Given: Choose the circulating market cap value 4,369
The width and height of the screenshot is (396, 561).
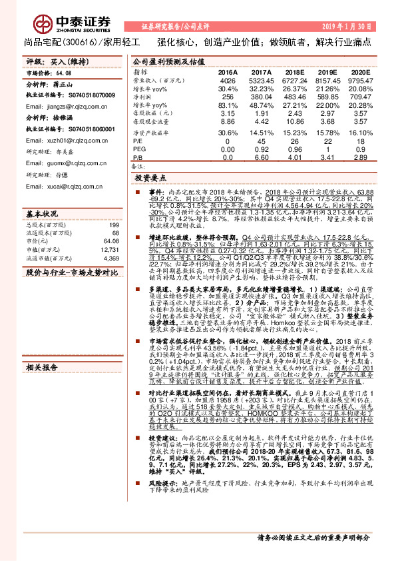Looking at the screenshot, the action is coord(109,258).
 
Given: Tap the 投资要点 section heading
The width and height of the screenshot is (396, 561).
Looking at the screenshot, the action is coord(149,179).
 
